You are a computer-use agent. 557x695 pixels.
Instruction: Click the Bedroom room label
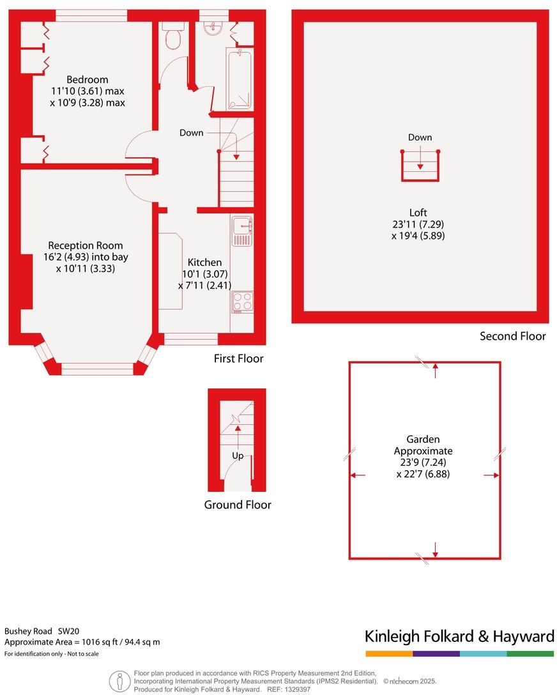pos(88,80)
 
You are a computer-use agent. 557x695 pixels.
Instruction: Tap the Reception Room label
pos(86,245)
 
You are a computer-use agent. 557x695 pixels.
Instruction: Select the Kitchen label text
pos(204,262)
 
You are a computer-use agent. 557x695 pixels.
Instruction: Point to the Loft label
pos(418,213)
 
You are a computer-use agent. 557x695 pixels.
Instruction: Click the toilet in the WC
pos(172,38)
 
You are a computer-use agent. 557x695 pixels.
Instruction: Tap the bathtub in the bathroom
pos(240,80)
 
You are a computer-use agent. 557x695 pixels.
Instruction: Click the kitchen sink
pos(242,225)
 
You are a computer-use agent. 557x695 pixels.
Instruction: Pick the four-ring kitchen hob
pos(243,302)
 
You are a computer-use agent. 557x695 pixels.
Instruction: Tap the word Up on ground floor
pos(238,456)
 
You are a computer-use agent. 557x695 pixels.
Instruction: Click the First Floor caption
pos(238,359)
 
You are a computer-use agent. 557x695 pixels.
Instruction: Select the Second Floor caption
pos(513,336)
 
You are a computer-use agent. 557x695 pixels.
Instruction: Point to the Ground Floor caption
pos(238,505)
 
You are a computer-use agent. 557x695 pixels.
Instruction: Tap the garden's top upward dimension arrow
pos(435,368)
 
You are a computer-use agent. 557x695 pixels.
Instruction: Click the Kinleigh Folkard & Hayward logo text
pos(459,636)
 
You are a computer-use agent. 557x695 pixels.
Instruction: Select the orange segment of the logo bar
pos(389,653)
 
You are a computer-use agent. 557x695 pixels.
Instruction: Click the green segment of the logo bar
pos(530,653)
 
